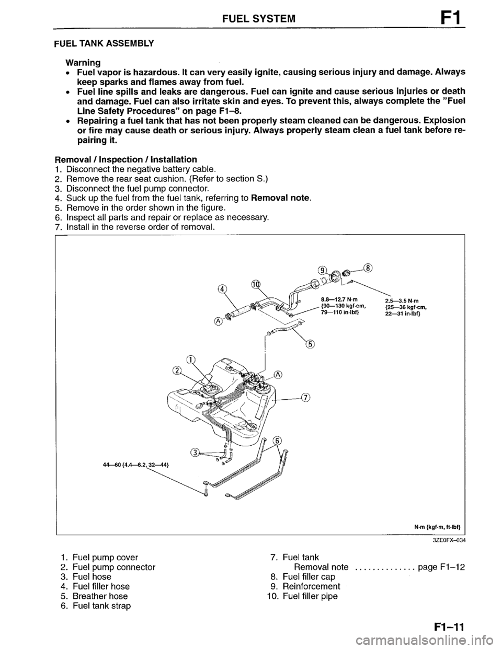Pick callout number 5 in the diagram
click(x=311, y=344)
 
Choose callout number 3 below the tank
click(x=194, y=453)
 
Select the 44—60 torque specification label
click(x=134, y=463)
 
